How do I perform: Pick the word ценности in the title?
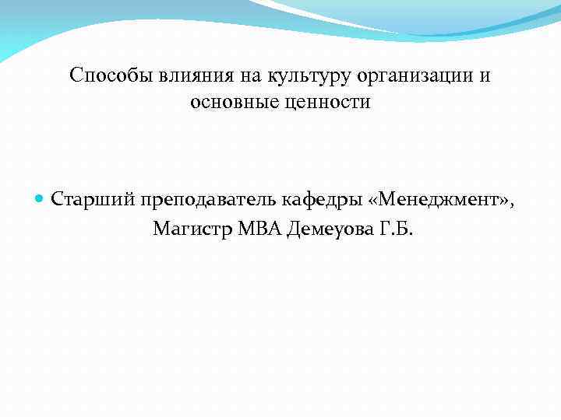330,101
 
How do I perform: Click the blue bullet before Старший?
41,199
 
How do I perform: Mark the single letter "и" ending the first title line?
485,75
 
